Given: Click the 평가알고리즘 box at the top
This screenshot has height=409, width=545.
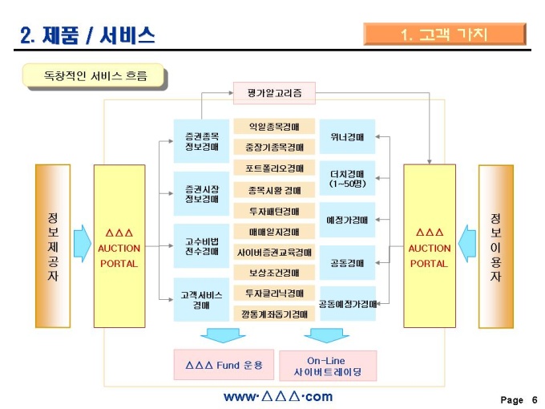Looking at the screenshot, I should pyautogui.click(x=274, y=93).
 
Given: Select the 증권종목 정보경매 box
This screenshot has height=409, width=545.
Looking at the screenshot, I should pyautogui.click(x=201, y=141).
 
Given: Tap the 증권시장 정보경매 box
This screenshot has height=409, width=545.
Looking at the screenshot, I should pyautogui.click(x=201, y=193).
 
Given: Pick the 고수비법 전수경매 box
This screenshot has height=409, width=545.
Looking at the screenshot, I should pyautogui.click(x=201, y=246).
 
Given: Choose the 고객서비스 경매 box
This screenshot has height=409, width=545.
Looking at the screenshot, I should pyautogui.click(x=201, y=300).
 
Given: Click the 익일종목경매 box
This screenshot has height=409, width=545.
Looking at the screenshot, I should pyautogui.click(x=274, y=127).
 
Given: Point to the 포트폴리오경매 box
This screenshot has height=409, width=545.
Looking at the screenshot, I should pyautogui.click(x=274, y=168).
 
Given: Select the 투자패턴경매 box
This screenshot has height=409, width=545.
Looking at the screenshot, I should pyautogui.click(x=274, y=211).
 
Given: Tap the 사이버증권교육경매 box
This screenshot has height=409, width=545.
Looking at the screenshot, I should pyautogui.click(x=274, y=252).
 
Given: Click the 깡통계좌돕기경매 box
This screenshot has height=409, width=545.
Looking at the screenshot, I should pyautogui.click(x=274, y=314).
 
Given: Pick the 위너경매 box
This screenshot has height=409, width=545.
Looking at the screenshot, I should pyautogui.click(x=347, y=136).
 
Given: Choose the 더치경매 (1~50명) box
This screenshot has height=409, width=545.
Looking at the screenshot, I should pyautogui.click(x=347, y=178).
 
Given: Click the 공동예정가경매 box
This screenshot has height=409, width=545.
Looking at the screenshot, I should pyautogui.click(x=347, y=304).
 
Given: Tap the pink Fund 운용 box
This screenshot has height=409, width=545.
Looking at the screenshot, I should pyautogui.click(x=224, y=365).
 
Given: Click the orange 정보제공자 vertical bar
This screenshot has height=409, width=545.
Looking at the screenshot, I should pyautogui.click(x=53, y=245).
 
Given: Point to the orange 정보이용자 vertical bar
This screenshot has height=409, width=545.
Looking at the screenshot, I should pyautogui.click(x=495, y=245).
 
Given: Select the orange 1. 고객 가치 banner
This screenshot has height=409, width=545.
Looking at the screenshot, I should pyautogui.click(x=444, y=34).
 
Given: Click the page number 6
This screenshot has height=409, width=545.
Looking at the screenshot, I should pyautogui.click(x=534, y=399).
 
